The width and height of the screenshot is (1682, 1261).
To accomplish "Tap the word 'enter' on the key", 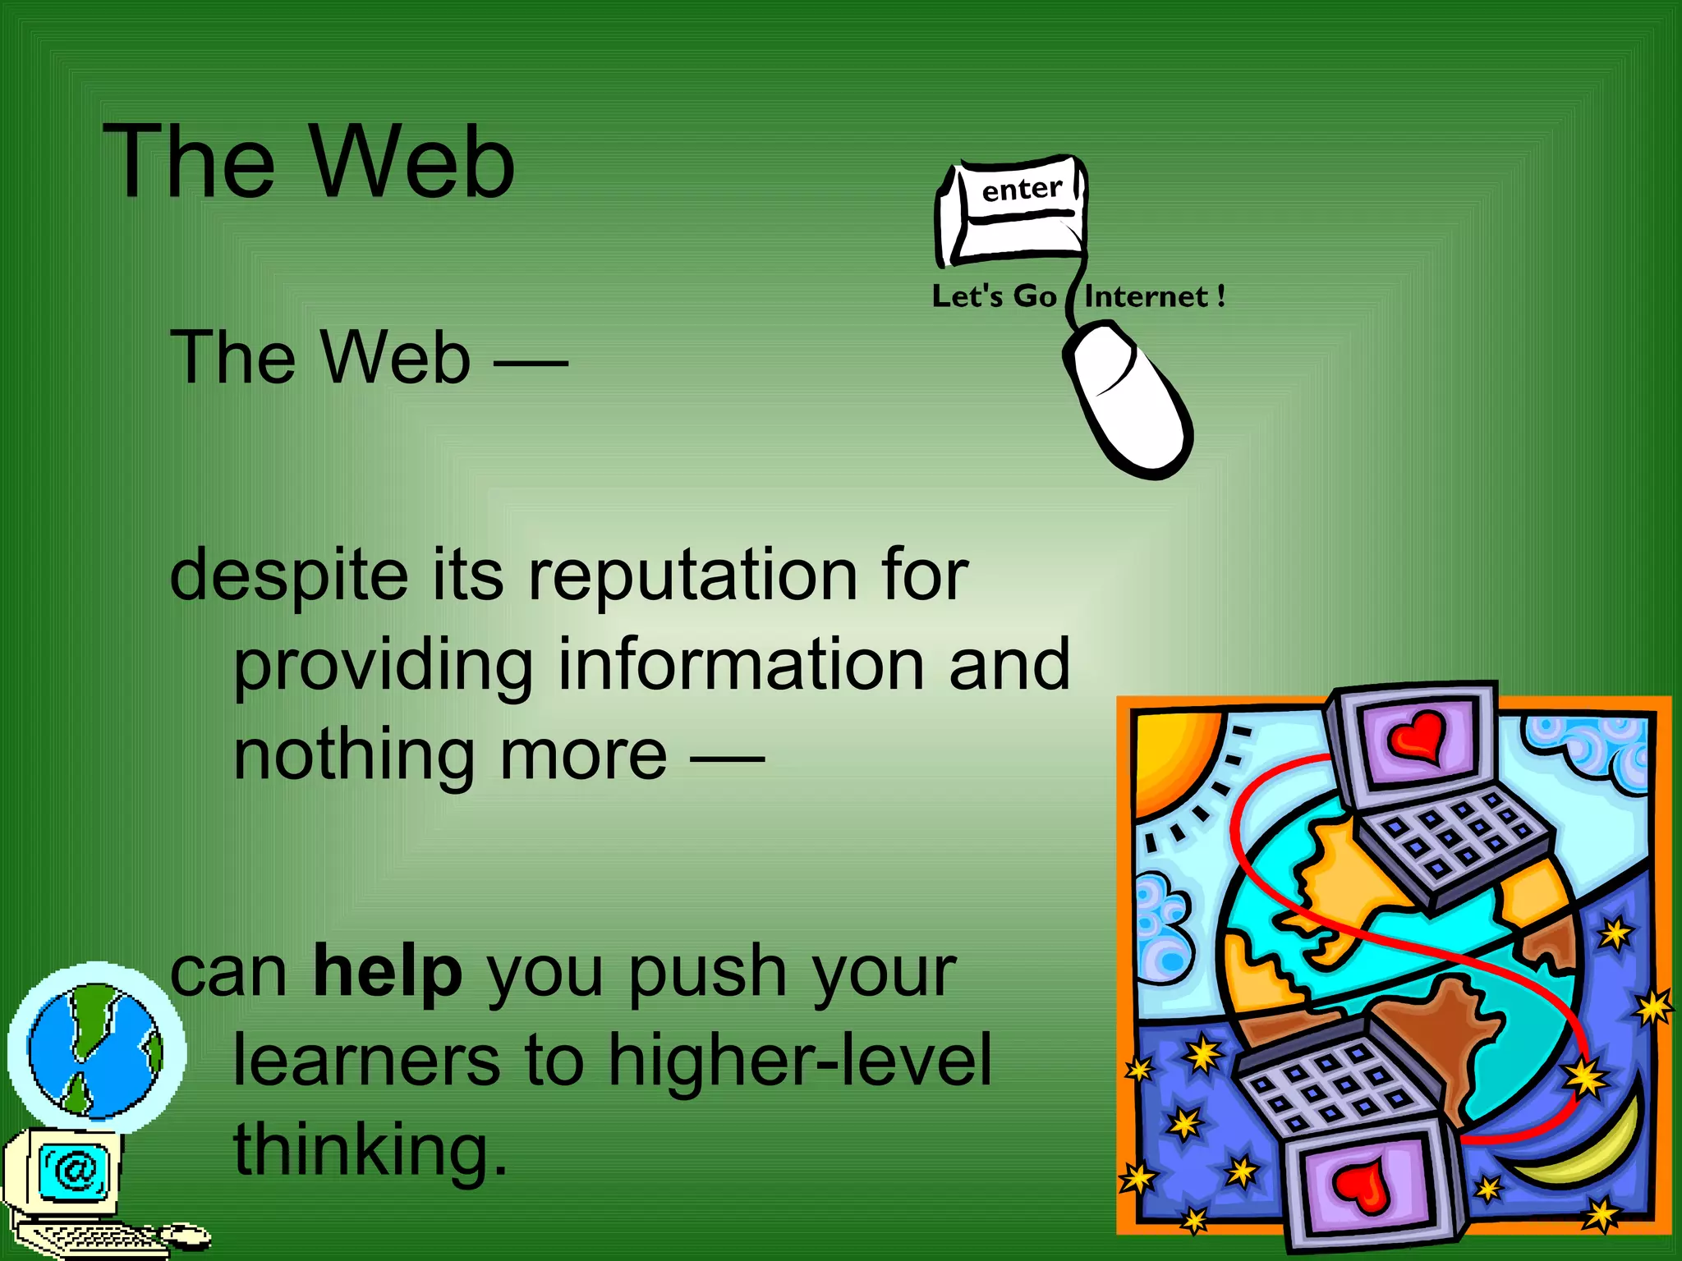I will coord(1022,190).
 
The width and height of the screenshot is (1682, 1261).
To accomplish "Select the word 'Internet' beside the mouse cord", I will coord(1147,296).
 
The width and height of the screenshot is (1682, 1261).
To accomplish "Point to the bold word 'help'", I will coord(388,971).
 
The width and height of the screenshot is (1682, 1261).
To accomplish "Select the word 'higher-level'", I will coord(800,1060).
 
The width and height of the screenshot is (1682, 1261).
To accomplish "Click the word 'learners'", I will coord(366,1060).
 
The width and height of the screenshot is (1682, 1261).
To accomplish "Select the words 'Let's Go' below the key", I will coord(994,296).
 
